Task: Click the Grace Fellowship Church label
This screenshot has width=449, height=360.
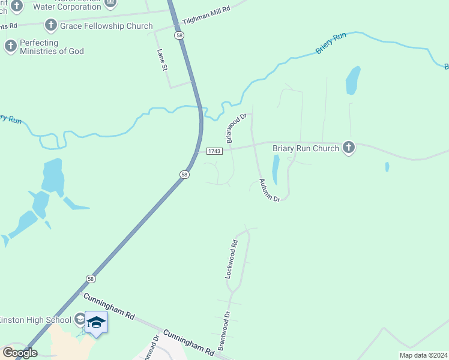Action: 106,26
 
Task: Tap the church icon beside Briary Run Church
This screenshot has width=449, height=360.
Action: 349,148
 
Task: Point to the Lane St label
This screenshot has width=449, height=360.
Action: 161,60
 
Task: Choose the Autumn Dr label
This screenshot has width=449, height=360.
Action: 270,190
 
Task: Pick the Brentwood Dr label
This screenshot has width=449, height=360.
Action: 224,331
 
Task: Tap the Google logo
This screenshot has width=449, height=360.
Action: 20,353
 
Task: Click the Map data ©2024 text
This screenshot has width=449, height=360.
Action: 424,355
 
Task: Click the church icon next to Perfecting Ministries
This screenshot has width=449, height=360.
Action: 11,46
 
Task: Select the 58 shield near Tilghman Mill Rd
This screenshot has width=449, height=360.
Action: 179,36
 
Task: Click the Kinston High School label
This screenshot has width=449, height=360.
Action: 35,319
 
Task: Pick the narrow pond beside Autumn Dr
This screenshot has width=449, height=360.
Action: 276,169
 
